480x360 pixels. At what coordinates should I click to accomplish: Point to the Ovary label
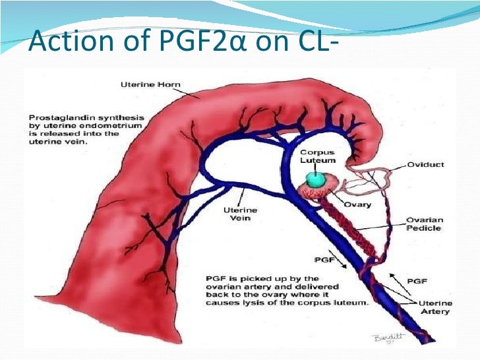357,205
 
